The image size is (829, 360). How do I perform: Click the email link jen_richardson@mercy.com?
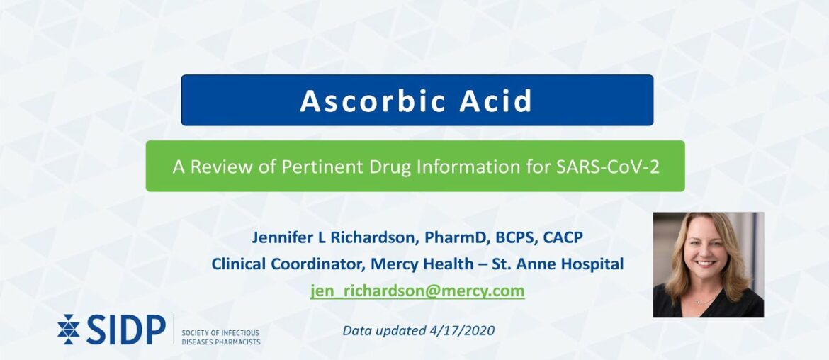pyautogui.click(x=417, y=291)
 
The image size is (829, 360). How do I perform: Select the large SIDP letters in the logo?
pyautogui.click(x=125, y=330)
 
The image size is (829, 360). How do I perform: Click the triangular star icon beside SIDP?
pyautogui.click(x=69, y=330)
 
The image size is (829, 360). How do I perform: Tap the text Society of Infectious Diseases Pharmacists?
pyautogui.click(x=221, y=337)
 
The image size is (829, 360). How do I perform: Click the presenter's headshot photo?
pyautogui.click(x=708, y=264)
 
